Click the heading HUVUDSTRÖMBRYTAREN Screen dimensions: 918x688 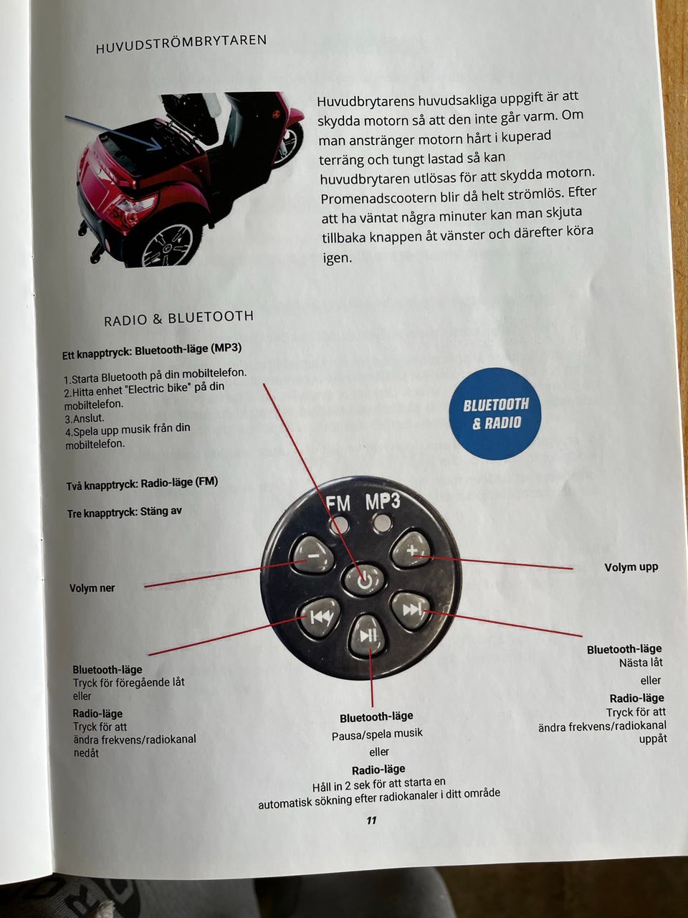181,44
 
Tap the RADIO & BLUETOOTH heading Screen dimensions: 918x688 178,318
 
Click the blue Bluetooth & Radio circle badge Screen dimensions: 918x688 495,414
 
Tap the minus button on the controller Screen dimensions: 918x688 312,554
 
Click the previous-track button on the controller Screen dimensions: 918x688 320,616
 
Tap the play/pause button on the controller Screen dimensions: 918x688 368,635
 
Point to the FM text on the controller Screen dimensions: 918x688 338,503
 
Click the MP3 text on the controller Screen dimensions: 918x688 383,501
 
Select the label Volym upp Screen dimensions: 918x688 631,567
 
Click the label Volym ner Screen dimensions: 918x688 92,588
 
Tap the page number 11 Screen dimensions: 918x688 371,820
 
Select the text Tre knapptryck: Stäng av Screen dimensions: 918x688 124,512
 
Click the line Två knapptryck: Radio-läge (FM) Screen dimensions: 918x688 142,483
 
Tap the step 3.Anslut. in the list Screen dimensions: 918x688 85,418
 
